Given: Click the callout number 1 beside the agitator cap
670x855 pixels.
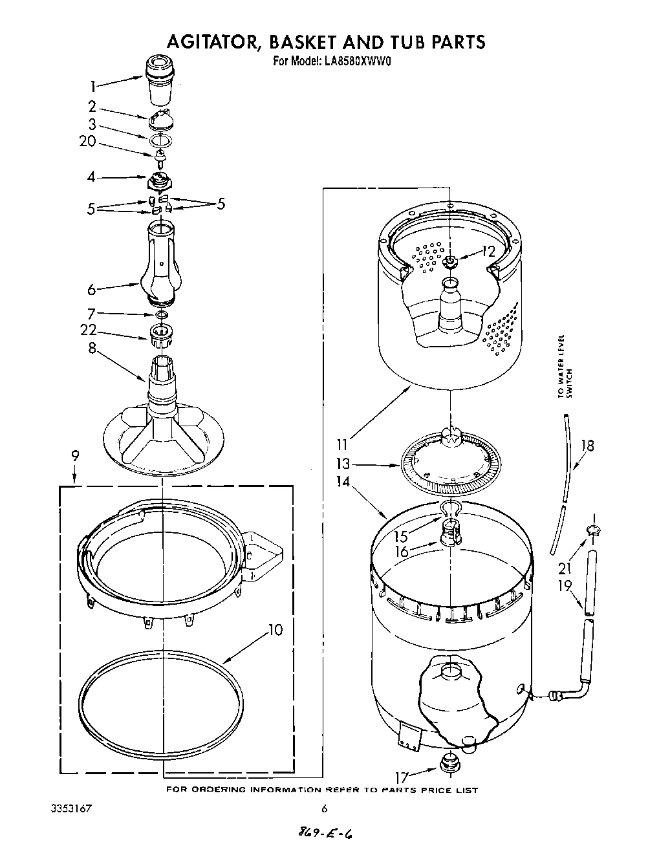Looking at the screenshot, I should tap(93, 86).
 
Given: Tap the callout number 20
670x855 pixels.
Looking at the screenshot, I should tap(88, 141).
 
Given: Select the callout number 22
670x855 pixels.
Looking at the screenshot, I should tap(88, 330).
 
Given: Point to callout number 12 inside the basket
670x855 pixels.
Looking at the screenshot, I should tap(488, 252).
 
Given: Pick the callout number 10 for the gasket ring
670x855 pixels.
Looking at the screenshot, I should tap(276, 629).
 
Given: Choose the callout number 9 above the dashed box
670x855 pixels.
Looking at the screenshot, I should tap(76, 455).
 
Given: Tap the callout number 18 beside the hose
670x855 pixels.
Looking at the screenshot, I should tap(587, 446).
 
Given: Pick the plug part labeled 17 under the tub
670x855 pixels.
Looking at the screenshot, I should tap(447, 764).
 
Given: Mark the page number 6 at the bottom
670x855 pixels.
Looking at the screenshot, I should tap(324, 808).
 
